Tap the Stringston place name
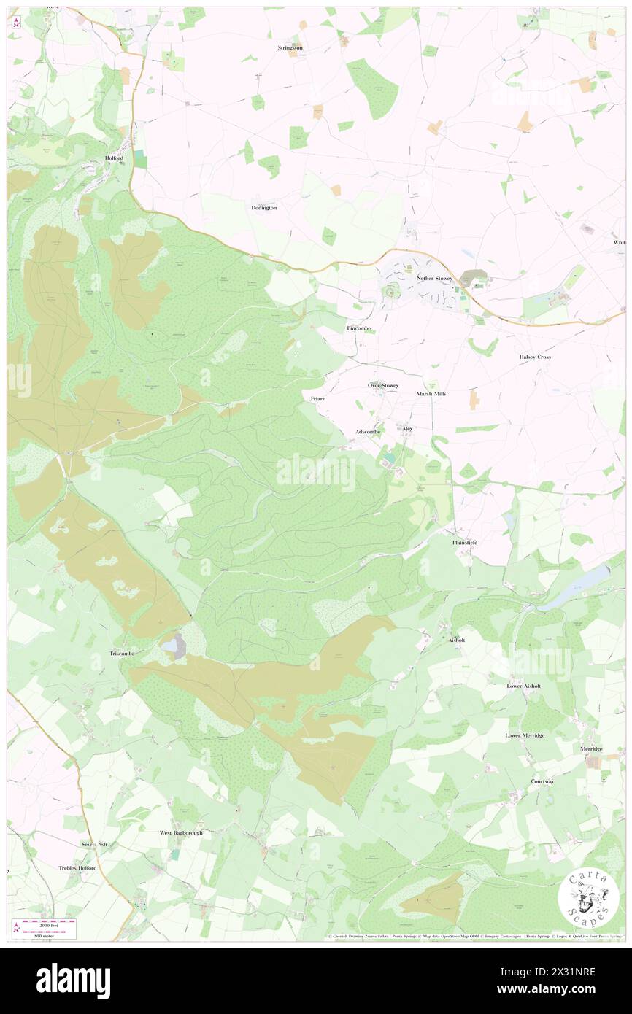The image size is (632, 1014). pos(290,47)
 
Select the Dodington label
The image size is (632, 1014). pos(263,208)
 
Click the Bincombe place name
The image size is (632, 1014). pos(358,328)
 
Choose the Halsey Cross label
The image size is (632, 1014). pos(534,357)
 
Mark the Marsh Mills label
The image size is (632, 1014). pos(431,393)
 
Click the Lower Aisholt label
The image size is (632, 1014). pos(524,686)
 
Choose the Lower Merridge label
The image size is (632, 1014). pos(525,735)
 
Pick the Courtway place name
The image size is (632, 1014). pos(542,781)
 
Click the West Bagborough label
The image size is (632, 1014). pos(181,832)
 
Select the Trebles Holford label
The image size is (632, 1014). pos(77,868)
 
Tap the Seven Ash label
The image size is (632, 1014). pos(94,844)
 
